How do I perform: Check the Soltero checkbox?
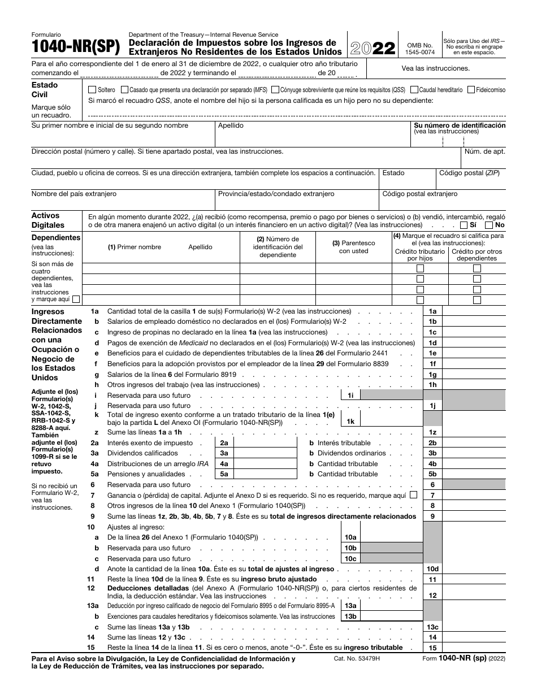[92, 90]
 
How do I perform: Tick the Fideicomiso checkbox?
[471, 90]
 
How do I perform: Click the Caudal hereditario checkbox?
[414, 90]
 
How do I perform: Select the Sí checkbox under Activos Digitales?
[464, 225]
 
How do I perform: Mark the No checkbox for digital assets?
[489, 225]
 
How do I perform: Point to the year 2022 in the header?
[373, 48]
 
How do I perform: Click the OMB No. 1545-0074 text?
[420, 48]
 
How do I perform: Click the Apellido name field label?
[231, 125]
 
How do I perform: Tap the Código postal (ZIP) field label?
[469, 173]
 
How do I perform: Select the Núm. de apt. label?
[484, 151]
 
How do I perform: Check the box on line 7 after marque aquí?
[413, 495]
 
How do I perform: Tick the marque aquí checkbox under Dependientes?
[76, 299]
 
